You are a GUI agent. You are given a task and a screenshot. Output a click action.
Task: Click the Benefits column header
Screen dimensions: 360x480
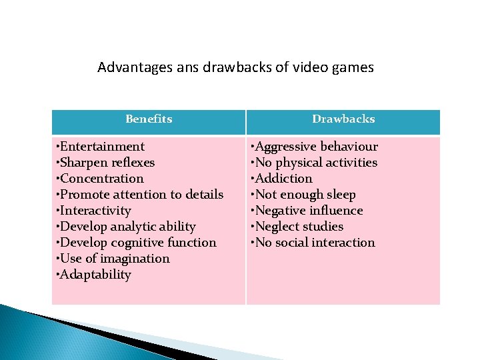(149, 119)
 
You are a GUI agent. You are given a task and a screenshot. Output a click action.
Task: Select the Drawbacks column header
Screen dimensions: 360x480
(343, 119)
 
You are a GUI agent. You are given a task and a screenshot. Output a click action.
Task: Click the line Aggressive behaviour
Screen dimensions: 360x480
(314, 147)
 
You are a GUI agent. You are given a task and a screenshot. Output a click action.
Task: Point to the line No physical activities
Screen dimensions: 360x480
(314, 163)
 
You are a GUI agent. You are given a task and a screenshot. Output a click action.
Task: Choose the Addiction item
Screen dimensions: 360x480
(281, 179)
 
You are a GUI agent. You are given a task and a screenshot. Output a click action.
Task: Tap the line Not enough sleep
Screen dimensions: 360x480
(303, 195)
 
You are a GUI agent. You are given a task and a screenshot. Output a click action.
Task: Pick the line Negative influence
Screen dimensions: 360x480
(307, 211)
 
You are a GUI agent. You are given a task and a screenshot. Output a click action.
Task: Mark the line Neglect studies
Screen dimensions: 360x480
(297, 227)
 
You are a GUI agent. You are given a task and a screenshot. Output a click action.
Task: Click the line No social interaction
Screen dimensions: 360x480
(313, 243)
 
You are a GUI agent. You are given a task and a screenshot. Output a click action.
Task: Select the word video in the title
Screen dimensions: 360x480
(311, 67)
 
